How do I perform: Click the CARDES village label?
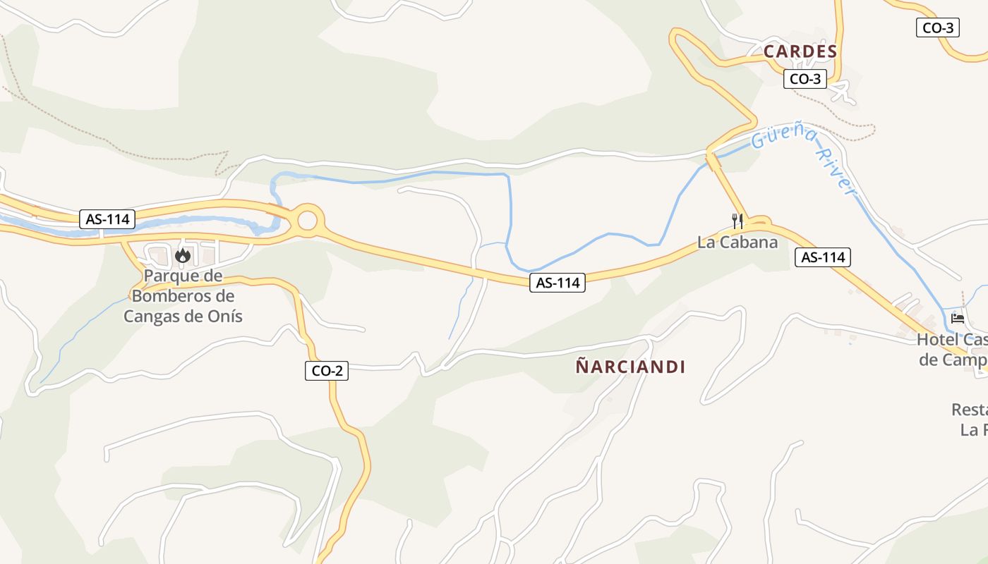(x=800, y=51)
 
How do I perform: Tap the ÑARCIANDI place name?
(x=630, y=367)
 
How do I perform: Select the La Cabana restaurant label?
(x=737, y=243)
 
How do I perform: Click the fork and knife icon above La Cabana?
(x=737, y=221)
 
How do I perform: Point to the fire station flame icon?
(x=183, y=255)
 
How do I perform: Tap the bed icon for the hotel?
(x=958, y=319)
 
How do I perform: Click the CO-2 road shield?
(x=327, y=371)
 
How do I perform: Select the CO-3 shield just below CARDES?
(x=805, y=79)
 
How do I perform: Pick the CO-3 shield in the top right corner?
(x=938, y=28)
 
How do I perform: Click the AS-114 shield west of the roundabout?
(x=107, y=219)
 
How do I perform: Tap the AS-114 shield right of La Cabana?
(x=823, y=257)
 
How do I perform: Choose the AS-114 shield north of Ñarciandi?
(x=558, y=283)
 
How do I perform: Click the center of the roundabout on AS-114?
(x=308, y=221)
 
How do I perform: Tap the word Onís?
(x=225, y=316)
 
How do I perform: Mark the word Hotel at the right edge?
(x=936, y=340)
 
